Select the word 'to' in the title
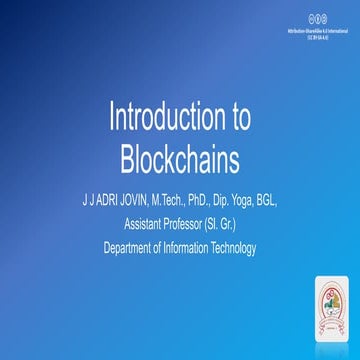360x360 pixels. click(237, 117)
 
